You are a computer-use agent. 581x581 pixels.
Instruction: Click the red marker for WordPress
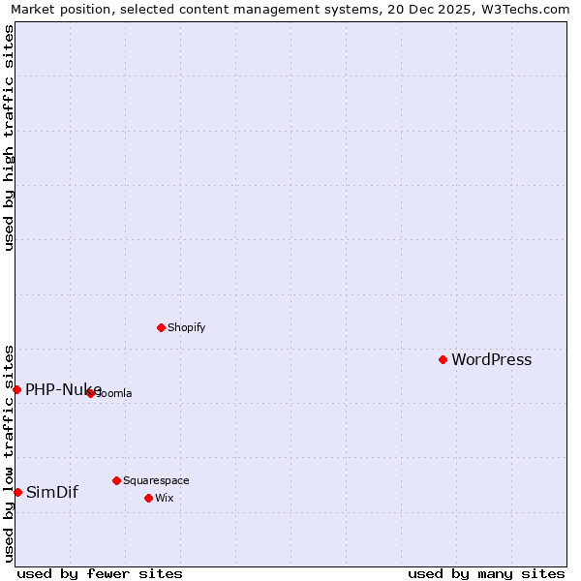coord(443,359)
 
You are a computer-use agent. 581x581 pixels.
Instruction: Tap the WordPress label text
coord(491,360)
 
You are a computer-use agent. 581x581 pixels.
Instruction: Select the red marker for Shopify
coord(161,327)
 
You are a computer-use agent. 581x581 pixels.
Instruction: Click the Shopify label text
coord(186,327)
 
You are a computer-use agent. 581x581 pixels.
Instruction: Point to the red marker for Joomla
coord(90,392)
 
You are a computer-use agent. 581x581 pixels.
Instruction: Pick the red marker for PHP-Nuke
coord(16,389)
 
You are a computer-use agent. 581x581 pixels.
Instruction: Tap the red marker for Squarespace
coord(116,480)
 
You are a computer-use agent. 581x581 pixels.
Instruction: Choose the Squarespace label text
coord(156,480)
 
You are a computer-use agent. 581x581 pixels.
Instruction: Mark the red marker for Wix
coord(148,498)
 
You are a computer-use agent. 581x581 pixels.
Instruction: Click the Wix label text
coord(164,498)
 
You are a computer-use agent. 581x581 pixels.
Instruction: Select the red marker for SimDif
coord(17,492)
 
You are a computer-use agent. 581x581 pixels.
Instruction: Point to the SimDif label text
coord(51,492)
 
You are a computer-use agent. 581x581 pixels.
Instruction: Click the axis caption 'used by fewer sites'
coord(100,573)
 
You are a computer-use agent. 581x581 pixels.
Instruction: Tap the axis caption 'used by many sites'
coord(486,573)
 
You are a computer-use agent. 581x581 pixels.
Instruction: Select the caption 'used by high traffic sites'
coord(9,138)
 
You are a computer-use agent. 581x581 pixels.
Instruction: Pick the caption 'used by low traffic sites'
coord(9,452)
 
